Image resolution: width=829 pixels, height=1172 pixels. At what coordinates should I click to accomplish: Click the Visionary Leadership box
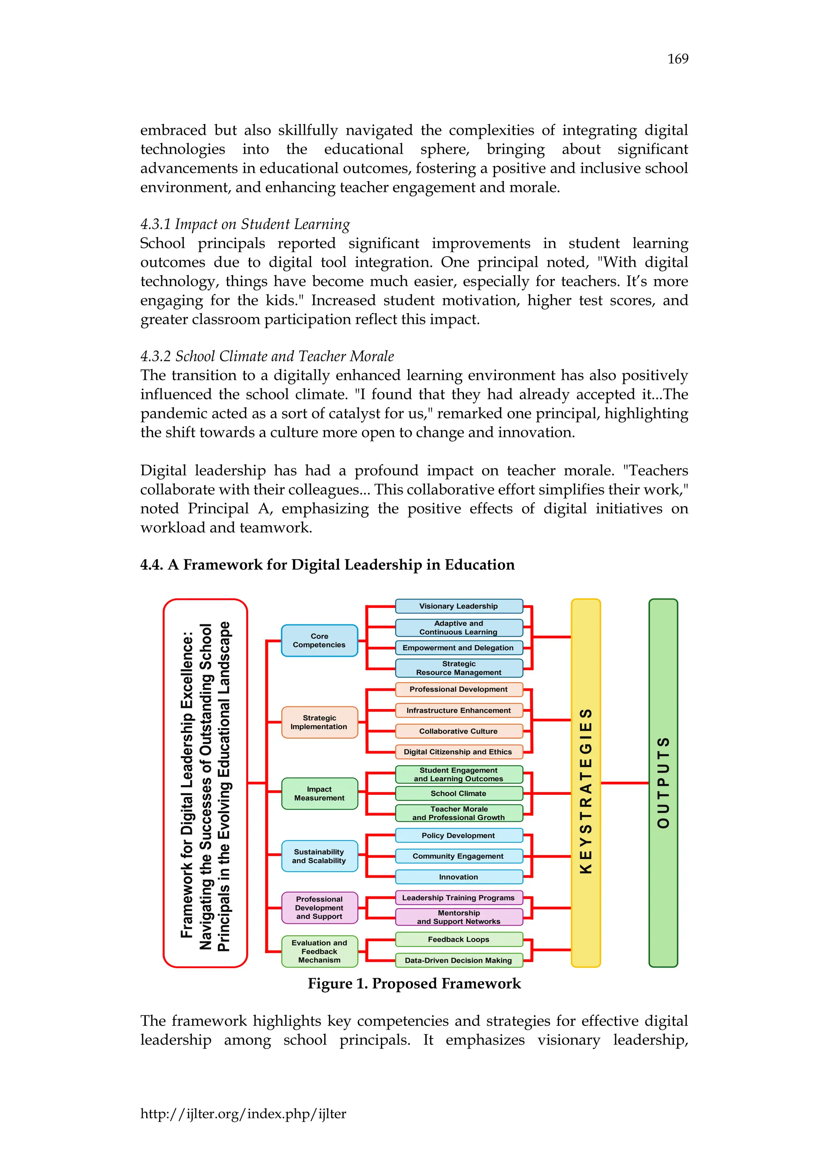(x=458, y=606)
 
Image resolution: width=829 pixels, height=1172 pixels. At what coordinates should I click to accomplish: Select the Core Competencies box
(x=319, y=640)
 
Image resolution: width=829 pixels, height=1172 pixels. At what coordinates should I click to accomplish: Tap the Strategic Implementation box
(x=319, y=722)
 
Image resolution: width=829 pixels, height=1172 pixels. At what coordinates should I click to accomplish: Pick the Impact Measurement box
(x=319, y=793)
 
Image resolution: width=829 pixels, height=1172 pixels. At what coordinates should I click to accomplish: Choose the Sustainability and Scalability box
(x=319, y=856)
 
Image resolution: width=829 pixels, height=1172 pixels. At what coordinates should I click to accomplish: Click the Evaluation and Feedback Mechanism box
(x=319, y=951)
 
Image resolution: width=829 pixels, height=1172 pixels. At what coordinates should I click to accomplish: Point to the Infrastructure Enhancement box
(x=458, y=710)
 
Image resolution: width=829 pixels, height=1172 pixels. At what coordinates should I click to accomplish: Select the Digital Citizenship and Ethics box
(x=458, y=752)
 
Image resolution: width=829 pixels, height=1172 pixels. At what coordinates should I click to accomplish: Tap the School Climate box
(x=458, y=793)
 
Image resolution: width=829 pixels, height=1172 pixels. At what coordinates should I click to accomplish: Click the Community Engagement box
(x=458, y=856)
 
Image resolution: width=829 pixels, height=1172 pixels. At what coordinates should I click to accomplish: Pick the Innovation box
(x=458, y=877)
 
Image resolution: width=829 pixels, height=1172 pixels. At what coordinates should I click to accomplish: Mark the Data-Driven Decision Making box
(x=458, y=960)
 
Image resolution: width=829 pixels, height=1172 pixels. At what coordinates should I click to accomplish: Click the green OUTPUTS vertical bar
(x=663, y=783)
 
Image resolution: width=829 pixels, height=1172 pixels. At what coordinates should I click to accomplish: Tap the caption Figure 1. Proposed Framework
(x=414, y=984)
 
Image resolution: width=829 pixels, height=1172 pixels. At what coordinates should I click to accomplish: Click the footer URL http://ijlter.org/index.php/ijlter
(x=243, y=1113)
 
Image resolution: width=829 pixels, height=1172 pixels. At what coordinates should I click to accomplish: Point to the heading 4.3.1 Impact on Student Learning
(x=245, y=224)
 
